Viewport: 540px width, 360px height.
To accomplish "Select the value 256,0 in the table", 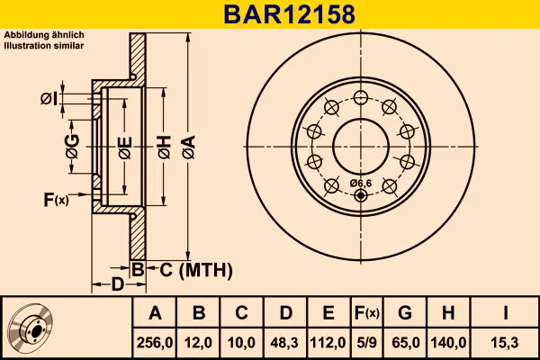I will tap(155, 343).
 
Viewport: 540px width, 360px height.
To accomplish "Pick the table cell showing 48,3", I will tap(284, 343).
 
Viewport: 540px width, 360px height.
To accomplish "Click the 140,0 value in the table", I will tap(448, 343).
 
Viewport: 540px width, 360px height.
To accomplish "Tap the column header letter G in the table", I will tap(405, 313).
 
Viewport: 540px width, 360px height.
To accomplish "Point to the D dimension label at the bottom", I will tap(117, 285).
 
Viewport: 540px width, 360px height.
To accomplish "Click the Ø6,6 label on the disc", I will tap(360, 184).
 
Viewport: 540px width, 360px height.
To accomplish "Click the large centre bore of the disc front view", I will tap(360, 144).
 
